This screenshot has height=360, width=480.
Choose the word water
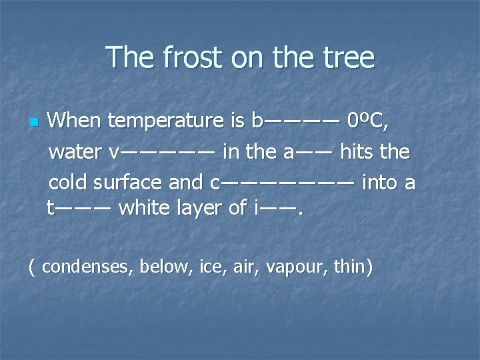76,152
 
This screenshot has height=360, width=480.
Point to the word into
380,181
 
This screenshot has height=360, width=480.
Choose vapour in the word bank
292,267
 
